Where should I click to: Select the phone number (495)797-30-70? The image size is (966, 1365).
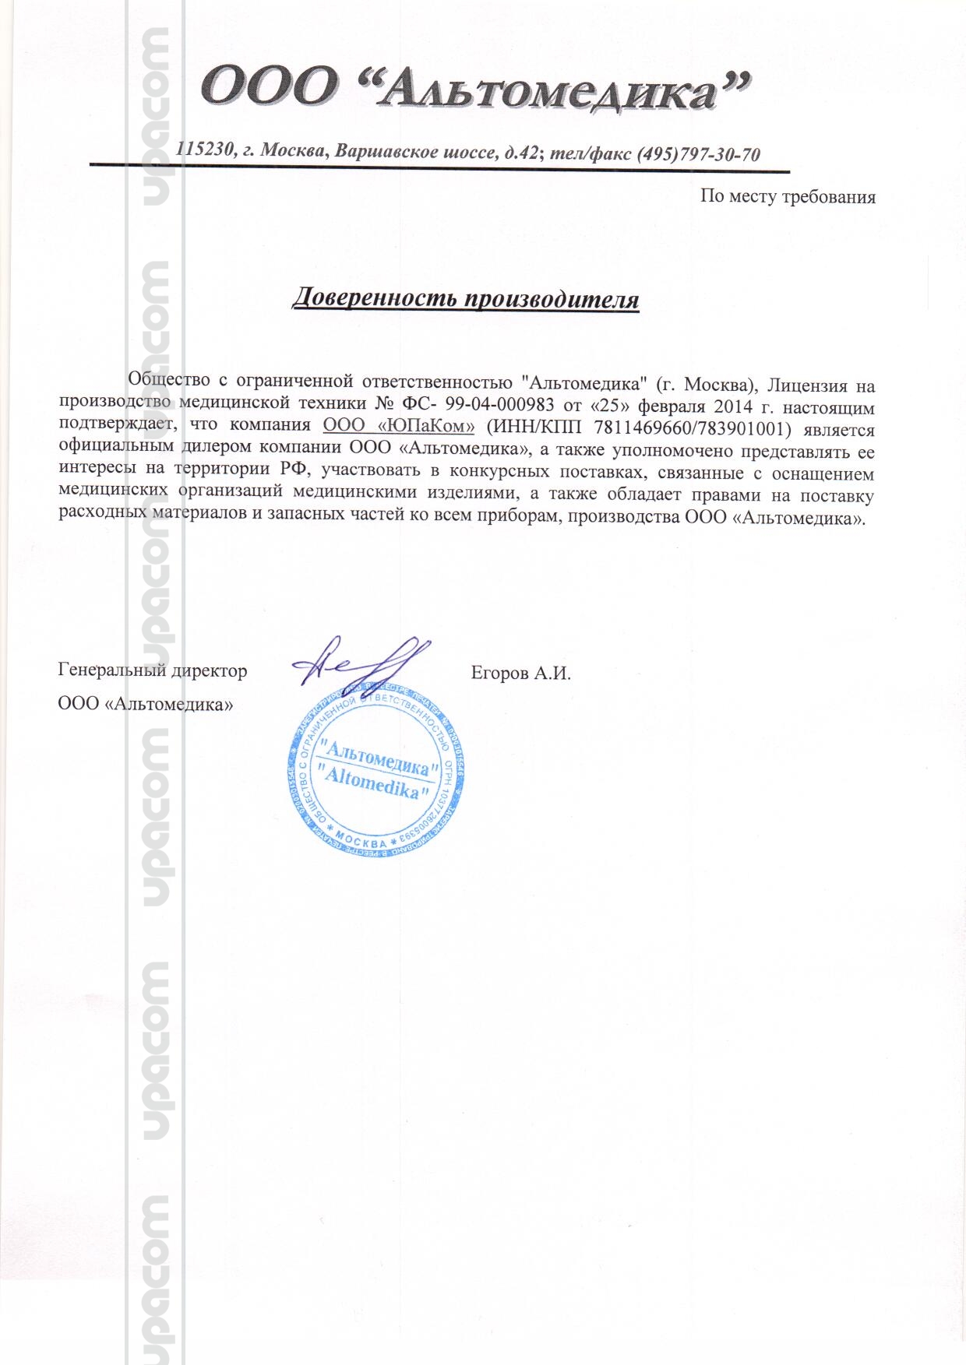pos(698,153)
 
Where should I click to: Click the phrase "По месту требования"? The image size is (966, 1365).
pos(788,196)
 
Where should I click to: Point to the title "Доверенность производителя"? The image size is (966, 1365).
pos(465,299)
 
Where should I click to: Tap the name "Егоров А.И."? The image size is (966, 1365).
pos(520,672)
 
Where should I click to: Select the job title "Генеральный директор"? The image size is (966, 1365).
pos(153,670)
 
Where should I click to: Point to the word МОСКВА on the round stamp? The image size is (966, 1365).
pos(363,843)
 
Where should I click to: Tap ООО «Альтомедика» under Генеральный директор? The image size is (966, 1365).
pos(146,704)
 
